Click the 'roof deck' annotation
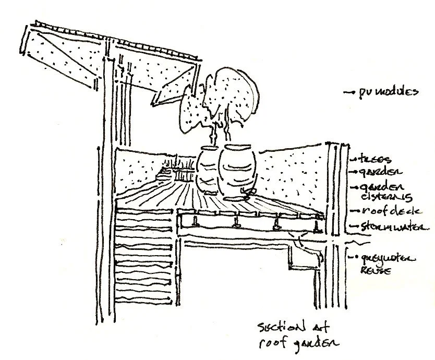click(381, 211)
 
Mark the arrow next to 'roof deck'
click(352, 212)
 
